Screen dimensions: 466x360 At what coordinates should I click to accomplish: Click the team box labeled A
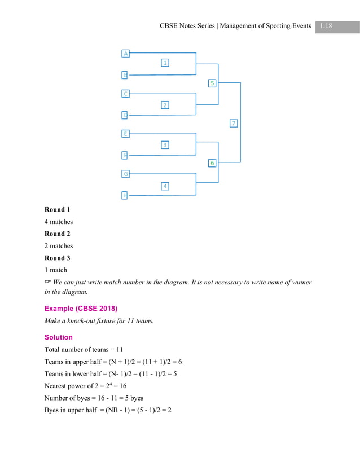126,54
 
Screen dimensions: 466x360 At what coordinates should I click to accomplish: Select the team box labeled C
126,94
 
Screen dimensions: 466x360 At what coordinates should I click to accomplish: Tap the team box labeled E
126,134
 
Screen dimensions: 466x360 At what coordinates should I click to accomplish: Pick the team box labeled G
126,174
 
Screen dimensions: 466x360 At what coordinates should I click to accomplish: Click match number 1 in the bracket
165,63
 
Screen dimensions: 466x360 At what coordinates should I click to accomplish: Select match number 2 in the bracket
165,105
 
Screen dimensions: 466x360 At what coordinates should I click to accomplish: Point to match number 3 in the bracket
165,145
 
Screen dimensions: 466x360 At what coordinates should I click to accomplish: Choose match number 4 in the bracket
165,186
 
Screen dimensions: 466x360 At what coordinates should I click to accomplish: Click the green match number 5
212,83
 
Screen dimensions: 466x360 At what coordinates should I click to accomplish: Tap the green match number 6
212,163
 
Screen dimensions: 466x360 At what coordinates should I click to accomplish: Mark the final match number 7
234,123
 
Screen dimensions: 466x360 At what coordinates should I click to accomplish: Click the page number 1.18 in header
326,25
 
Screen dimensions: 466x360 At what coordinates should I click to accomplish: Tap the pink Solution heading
59,337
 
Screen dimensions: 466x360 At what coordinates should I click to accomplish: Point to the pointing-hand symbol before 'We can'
48,282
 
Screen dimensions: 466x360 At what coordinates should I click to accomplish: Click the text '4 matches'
59,222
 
